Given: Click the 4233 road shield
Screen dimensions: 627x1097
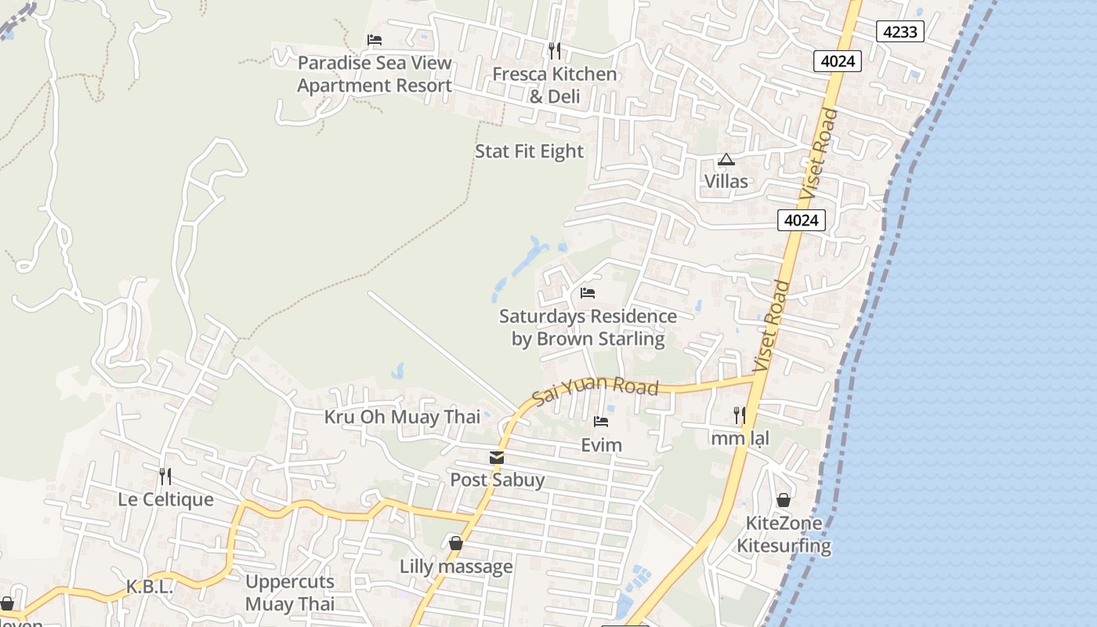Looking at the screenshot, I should [900, 31].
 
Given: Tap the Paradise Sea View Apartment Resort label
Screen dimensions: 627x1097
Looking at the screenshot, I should [375, 74].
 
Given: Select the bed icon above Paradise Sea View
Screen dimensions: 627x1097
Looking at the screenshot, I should [375, 40].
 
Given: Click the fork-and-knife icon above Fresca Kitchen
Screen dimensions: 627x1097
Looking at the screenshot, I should [555, 51].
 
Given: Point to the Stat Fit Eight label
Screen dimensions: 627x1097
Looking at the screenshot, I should [530, 151].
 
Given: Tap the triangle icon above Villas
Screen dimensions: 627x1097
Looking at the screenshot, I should [726, 159].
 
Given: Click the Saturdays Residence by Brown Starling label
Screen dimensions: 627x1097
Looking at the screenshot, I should [588, 328].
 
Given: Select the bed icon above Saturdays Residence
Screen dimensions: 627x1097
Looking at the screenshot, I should [588, 293].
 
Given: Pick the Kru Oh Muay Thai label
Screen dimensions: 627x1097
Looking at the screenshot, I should [402, 417].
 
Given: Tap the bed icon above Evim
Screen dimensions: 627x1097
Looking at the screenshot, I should [601, 422].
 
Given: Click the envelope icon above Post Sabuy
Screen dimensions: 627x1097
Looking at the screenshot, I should [496, 458].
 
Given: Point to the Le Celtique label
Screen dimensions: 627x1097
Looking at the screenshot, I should [165, 499].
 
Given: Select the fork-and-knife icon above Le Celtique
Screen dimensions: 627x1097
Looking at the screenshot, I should [165, 476].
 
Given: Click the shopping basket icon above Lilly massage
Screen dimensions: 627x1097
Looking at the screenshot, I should [456, 543].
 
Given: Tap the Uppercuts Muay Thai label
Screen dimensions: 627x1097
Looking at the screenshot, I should [290, 593].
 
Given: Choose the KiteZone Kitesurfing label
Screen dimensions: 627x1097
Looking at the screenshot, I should [784, 535].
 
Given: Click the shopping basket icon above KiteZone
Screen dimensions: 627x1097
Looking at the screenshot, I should [784, 500].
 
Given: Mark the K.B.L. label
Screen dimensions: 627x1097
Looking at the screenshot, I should [149, 587].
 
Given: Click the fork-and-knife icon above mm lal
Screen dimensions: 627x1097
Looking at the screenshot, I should [740, 415].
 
